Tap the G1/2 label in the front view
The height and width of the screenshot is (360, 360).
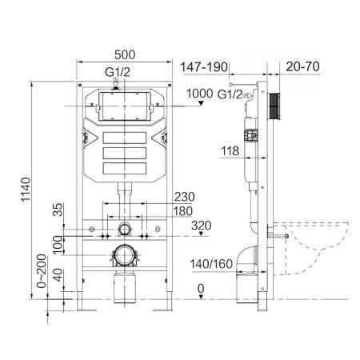(x=118, y=70)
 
